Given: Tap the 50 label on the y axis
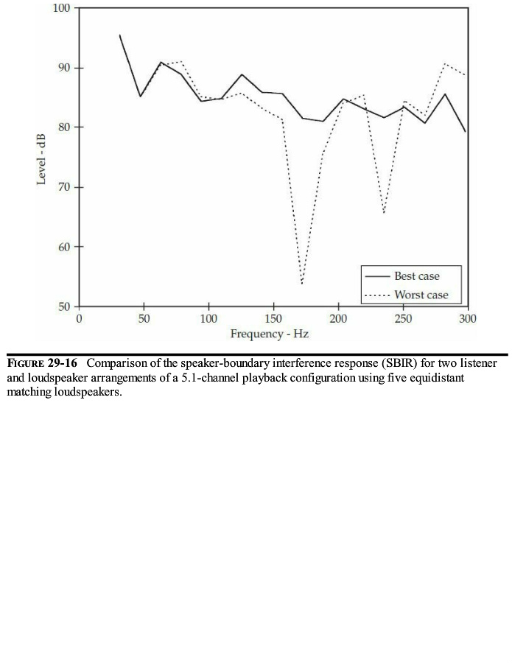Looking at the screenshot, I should coord(63,306).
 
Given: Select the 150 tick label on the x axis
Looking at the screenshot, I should coord(273,319).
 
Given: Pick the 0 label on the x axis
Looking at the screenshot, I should coord(79,319).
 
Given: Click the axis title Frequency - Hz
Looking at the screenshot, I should coord(269,334).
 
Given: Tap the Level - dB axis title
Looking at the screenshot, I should coord(42,158).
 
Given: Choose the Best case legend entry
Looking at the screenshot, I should coord(416,276).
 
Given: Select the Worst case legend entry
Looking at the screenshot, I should coord(421,295).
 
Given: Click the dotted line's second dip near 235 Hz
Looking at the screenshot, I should coord(384,214).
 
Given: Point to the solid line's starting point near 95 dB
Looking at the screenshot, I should coord(119,35).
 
